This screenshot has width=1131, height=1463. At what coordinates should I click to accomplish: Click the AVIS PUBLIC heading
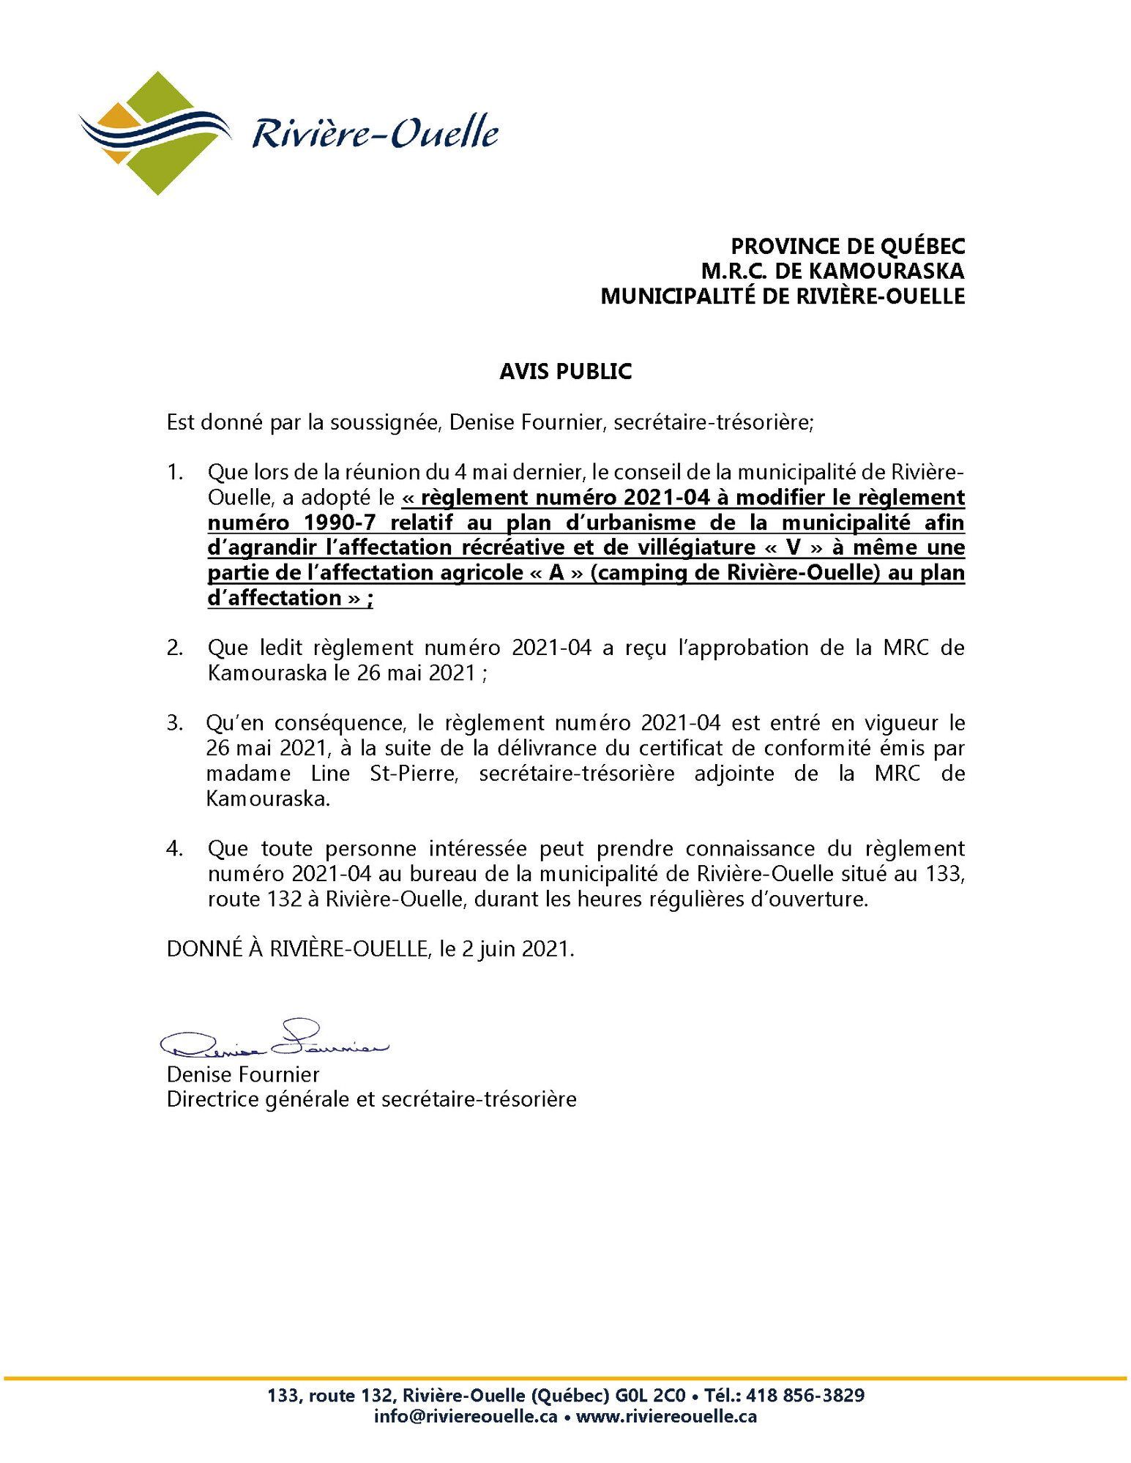(565, 372)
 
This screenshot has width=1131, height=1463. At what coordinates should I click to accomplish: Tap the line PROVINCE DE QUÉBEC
(848, 246)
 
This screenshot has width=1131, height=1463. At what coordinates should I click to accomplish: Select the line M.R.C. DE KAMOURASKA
(832, 271)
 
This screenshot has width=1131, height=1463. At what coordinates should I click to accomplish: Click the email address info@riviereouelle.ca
(466, 1416)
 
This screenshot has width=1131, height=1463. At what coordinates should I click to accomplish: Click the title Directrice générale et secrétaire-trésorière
(372, 1099)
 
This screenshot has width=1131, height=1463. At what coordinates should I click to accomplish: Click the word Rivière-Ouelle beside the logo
(376, 135)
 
